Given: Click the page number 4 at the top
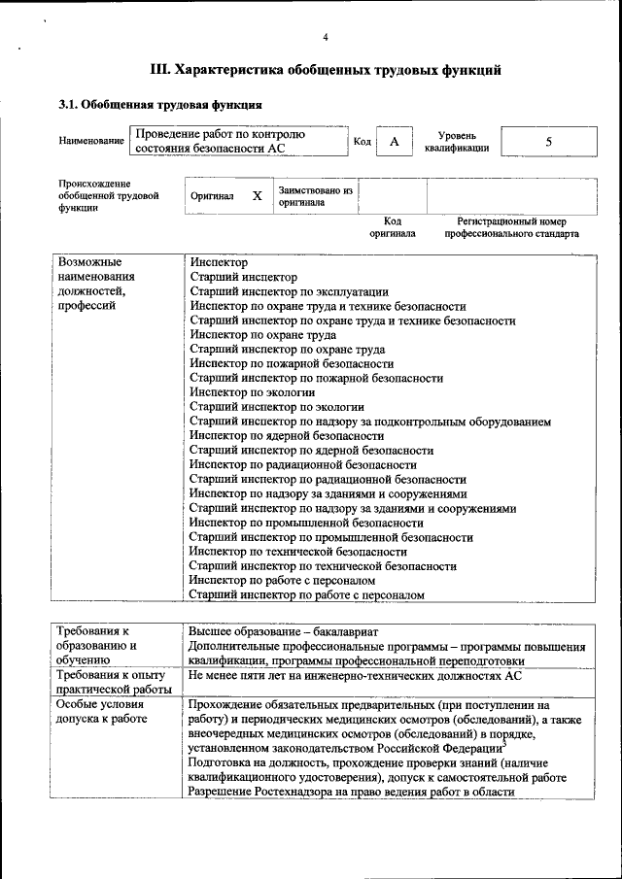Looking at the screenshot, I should coord(326,37).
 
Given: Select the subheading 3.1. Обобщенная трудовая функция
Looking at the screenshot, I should coord(160,104).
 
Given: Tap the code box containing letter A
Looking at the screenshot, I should coord(395,142).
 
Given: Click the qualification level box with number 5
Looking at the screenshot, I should coord(548,142).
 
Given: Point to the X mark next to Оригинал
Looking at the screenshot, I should coord(257,195).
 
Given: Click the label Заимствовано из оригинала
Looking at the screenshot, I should coord(315,196).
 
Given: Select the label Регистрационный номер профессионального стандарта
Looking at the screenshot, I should coord(511,227).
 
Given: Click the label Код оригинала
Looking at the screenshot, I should coord(393,227).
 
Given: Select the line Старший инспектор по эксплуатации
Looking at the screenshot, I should coord(289,291).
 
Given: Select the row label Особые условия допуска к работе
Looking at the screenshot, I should coord(102,712).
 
